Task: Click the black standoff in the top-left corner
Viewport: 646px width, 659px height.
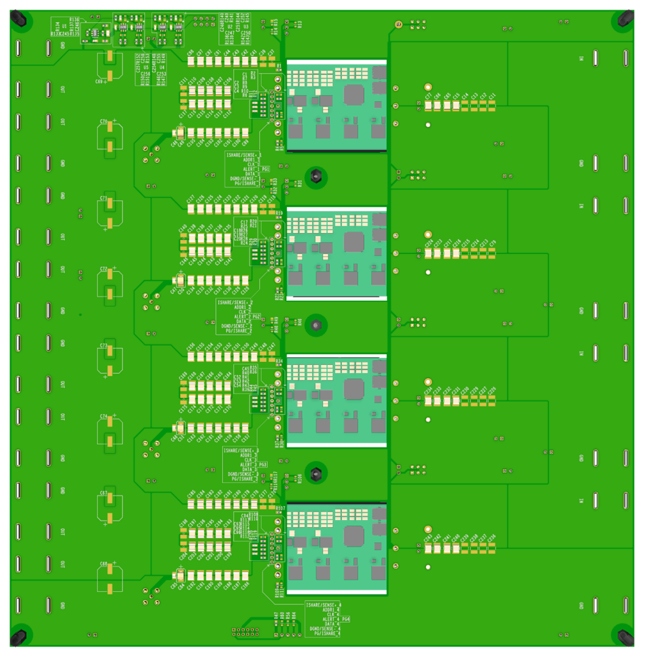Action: point(19,19)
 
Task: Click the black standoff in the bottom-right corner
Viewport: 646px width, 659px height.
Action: point(626,637)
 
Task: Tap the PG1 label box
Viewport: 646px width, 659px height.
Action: point(266,170)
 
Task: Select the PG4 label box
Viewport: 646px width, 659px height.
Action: point(345,619)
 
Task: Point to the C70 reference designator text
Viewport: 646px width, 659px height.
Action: point(103,122)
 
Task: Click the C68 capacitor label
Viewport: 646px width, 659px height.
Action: point(103,564)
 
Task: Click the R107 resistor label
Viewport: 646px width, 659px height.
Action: point(279,509)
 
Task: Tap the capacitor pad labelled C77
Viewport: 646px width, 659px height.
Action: point(428,106)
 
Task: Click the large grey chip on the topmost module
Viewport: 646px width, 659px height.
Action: point(354,93)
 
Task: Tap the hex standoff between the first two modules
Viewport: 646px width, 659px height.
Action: point(316,177)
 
